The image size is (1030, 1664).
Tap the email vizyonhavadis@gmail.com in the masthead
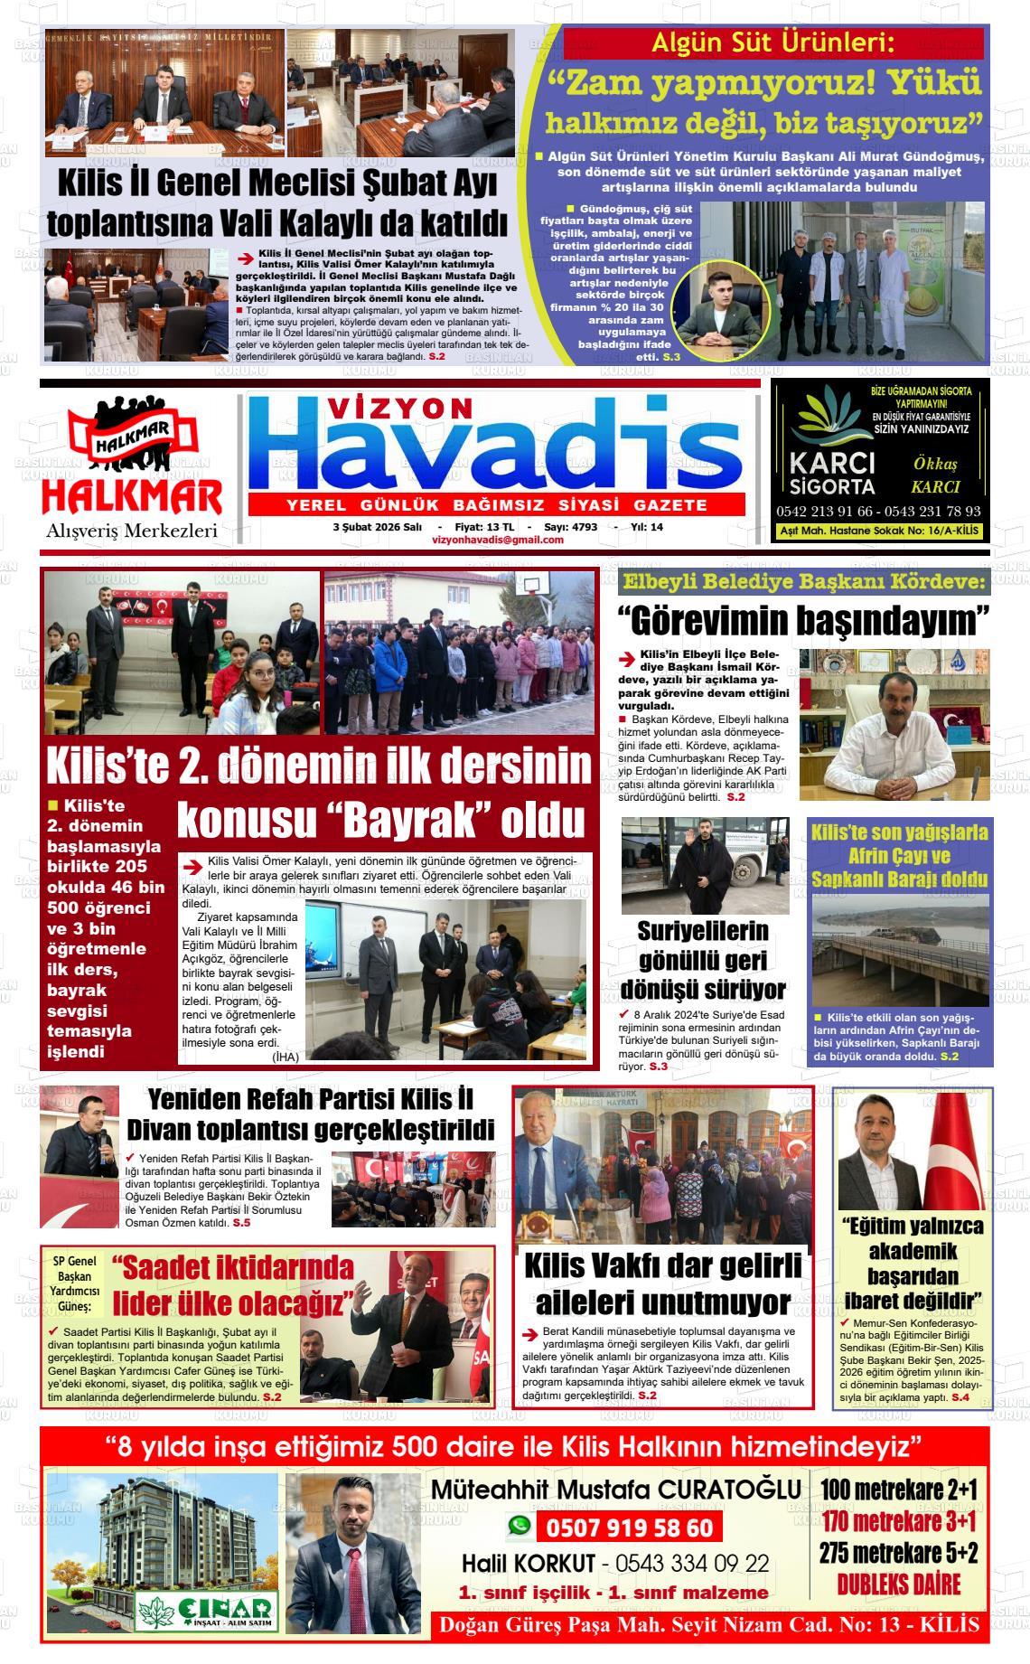point(498,540)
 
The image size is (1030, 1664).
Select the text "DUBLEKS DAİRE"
point(898,1608)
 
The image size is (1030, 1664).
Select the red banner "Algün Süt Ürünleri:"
point(772,43)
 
